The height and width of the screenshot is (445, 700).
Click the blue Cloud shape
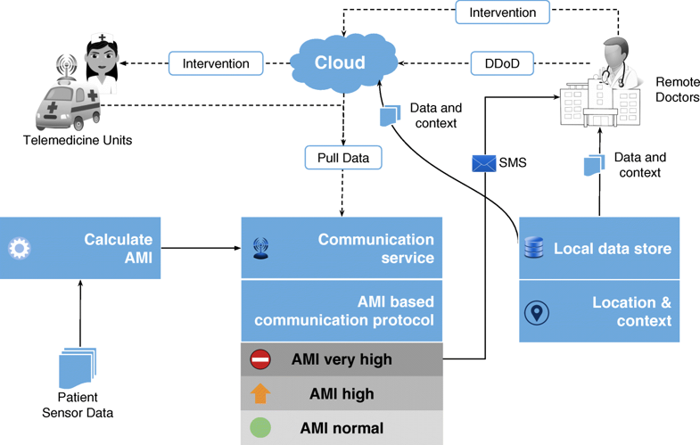[342, 63]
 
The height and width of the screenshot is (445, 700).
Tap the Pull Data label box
[343, 159]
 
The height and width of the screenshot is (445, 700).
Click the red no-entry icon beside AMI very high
[259, 359]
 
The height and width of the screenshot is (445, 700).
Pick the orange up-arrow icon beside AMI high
[259, 393]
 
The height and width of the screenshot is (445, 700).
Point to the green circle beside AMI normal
[259, 427]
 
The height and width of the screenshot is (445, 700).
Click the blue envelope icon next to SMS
[482, 163]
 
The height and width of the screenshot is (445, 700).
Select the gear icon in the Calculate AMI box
[19, 248]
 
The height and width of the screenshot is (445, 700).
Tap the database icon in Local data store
[532, 249]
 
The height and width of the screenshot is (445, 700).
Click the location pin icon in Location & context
[536, 312]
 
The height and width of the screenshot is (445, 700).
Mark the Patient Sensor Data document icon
[78, 367]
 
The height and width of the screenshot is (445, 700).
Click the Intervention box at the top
[502, 12]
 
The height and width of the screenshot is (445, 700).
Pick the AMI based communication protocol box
[342, 311]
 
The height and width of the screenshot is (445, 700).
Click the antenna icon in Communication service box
[260, 249]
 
